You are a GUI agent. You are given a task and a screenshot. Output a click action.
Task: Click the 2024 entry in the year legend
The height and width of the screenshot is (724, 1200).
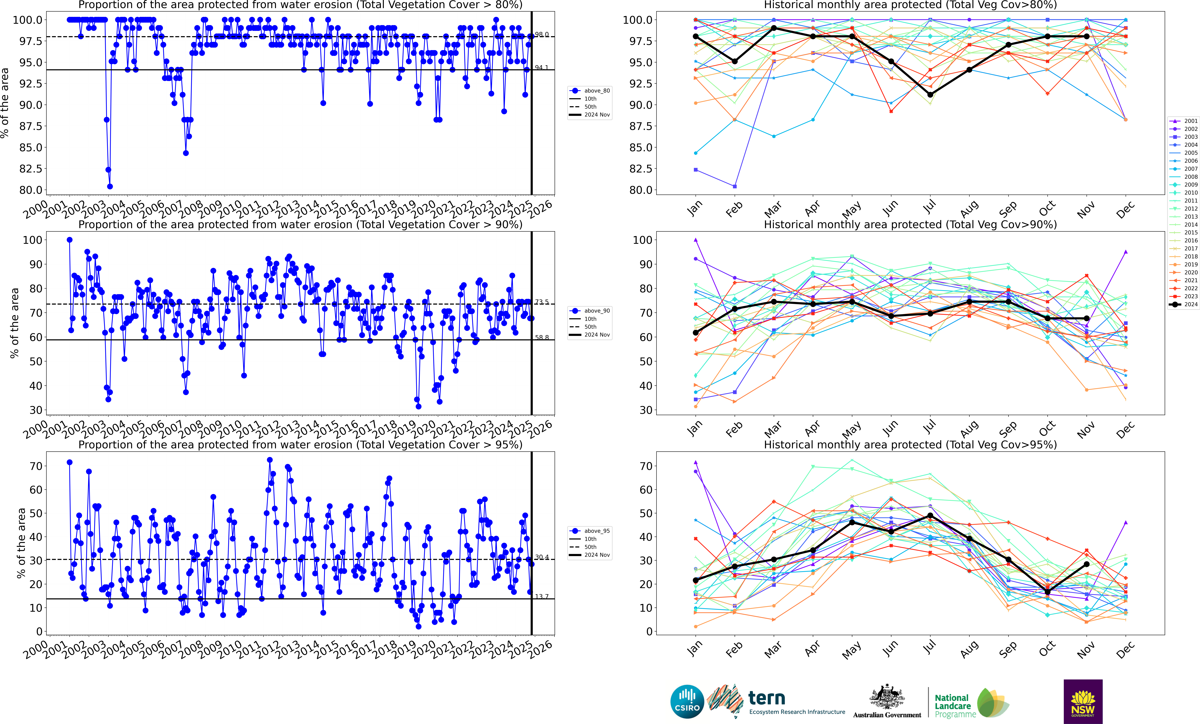click(1187, 304)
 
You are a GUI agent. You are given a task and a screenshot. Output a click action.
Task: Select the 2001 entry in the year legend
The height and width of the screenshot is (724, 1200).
click(1187, 121)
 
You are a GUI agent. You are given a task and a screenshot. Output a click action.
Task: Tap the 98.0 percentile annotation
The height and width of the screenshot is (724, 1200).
click(542, 35)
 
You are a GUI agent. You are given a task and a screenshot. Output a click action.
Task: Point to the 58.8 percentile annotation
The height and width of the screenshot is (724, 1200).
click(542, 337)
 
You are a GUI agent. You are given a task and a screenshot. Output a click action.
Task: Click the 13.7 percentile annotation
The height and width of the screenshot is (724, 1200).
click(542, 596)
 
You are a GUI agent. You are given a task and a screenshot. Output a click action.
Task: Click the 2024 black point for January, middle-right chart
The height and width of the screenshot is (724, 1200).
click(695, 332)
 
